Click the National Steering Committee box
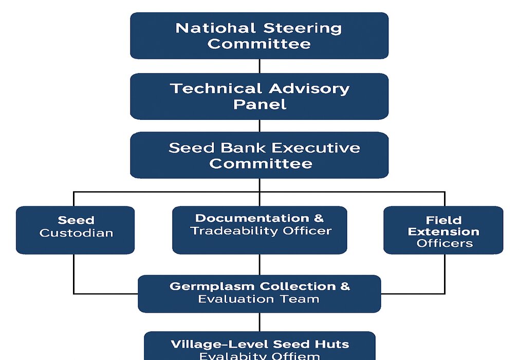tap(259, 35)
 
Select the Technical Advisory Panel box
tap(259, 96)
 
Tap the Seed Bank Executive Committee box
tap(259, 155)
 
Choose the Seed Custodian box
tap(76, 230)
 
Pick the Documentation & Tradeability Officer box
tap(259, 230)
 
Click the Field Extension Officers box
tap(443, 230)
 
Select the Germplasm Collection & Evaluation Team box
tap(259, 293)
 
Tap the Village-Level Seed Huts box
tap(259, 347)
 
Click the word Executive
tap(316, 148)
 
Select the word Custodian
tap(76, 233)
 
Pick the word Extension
tap(443, 231)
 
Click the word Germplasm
tap(213, 286)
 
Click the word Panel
tap(259, 104)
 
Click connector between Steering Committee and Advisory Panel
tap(259, 66)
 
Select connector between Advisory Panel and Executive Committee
tap(259, 125)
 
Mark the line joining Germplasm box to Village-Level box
tap(259, 322)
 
